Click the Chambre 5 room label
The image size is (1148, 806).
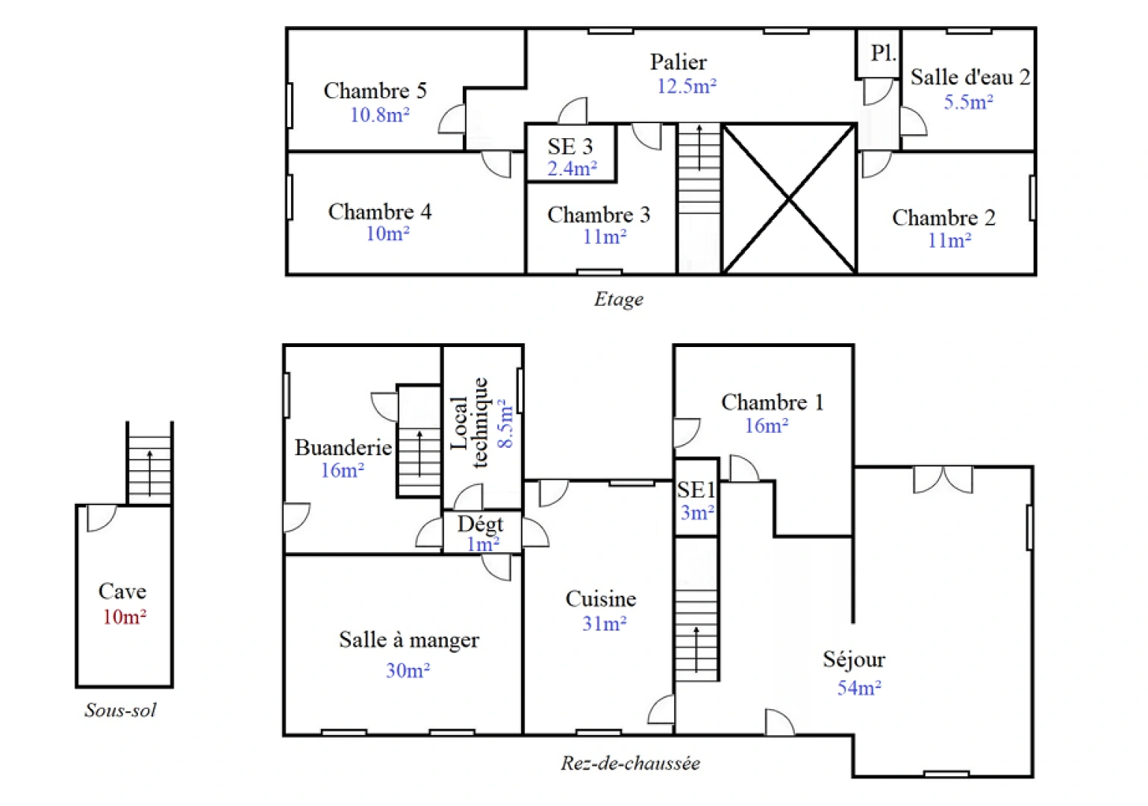[375, 91]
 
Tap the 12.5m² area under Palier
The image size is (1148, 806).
[686, 87]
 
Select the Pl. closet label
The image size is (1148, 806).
[883, 53]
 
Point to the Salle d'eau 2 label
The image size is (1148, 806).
[970, 78]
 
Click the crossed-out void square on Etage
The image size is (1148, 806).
[789, 199]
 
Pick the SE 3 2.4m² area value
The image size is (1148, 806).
[572, 169]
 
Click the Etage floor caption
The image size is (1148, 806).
[618, 300]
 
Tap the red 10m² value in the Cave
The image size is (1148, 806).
[124, 617]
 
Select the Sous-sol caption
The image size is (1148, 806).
[120, 710]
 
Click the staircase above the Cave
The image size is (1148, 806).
[149, 464]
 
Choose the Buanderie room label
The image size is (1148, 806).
[343, 448]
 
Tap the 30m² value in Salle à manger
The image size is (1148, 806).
[408, 671]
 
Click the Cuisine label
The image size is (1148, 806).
[601, 599]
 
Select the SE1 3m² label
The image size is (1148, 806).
[696, 501]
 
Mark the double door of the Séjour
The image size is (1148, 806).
[943, 479]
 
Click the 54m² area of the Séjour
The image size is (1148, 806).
[858, 688]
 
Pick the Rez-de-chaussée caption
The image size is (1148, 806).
[630, 763]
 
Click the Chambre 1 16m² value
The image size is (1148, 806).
[767, 426]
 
